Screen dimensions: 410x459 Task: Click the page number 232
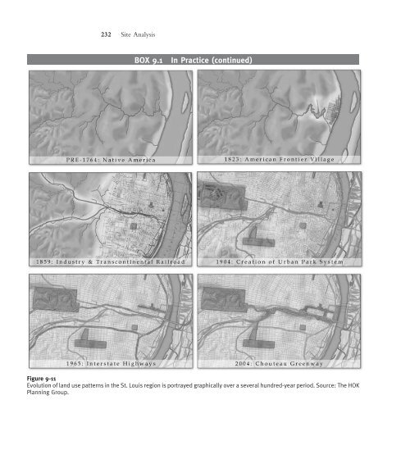[106, 34]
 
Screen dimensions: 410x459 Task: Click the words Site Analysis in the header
[138, 34]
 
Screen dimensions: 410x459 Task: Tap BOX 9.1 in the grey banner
[148, 61]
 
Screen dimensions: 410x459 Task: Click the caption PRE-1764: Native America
[111, 160]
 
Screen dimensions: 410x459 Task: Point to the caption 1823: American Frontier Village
[279, 160]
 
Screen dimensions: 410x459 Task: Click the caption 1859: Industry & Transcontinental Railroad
[111, 261]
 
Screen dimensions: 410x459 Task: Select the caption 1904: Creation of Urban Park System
[280, 261]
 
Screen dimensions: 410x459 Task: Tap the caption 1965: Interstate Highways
[111, 364]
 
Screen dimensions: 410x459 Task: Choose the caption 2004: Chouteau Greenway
[279, 364]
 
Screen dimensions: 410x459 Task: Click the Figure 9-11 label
[41, 379]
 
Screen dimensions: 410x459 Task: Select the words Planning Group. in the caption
[48, 393]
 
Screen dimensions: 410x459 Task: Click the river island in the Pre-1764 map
[185, 102]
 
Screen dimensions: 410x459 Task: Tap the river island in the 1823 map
[353, 102]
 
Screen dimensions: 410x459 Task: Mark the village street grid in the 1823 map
[334, 111]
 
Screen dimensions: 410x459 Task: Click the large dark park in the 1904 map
[222, 197]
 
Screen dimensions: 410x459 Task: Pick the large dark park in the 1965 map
[55, 299]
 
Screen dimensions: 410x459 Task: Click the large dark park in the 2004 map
[223, 299]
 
